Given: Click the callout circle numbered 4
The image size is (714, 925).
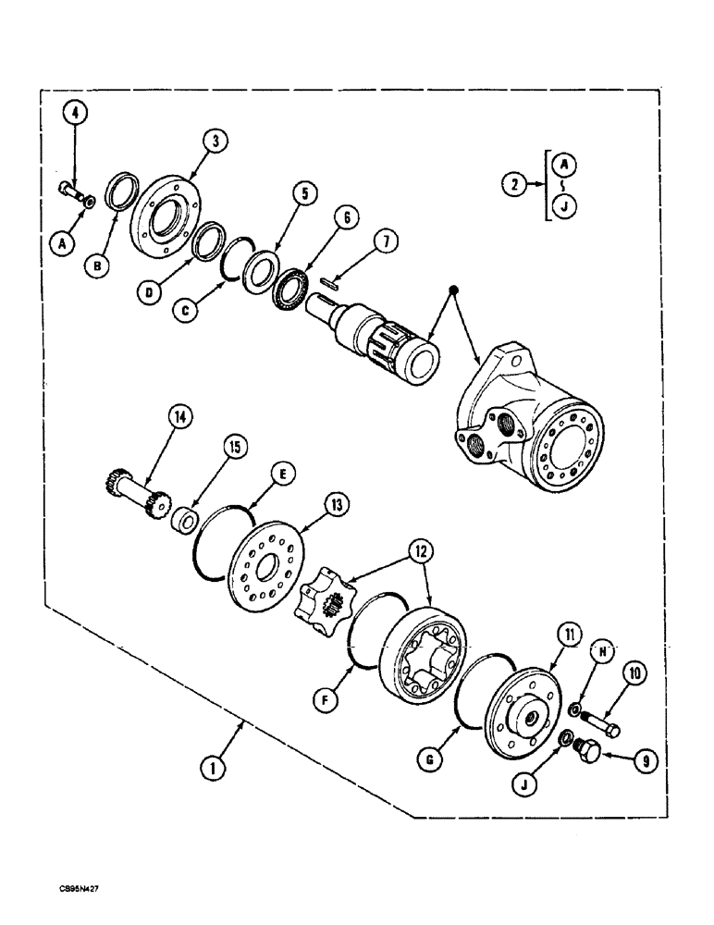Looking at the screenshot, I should (x=77, y=116).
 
